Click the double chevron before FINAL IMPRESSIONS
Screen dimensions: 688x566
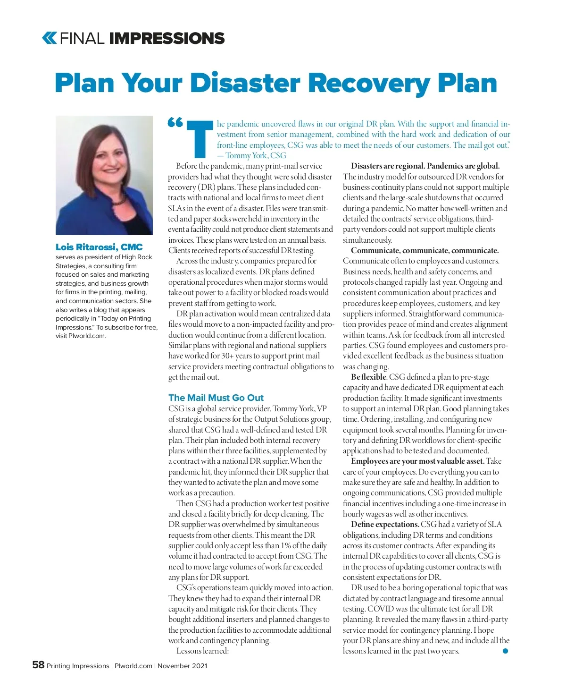49,38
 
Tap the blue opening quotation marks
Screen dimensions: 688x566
175,122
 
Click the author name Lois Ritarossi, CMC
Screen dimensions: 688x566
99,247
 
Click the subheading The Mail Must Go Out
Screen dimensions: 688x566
216,398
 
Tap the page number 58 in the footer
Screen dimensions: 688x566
38,665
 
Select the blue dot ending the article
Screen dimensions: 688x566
505,651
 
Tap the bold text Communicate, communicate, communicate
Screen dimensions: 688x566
424,250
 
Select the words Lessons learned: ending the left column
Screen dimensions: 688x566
202,651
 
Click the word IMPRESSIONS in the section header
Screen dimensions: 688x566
166,38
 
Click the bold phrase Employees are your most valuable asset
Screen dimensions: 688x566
417,461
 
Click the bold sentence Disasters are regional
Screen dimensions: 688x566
388,166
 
